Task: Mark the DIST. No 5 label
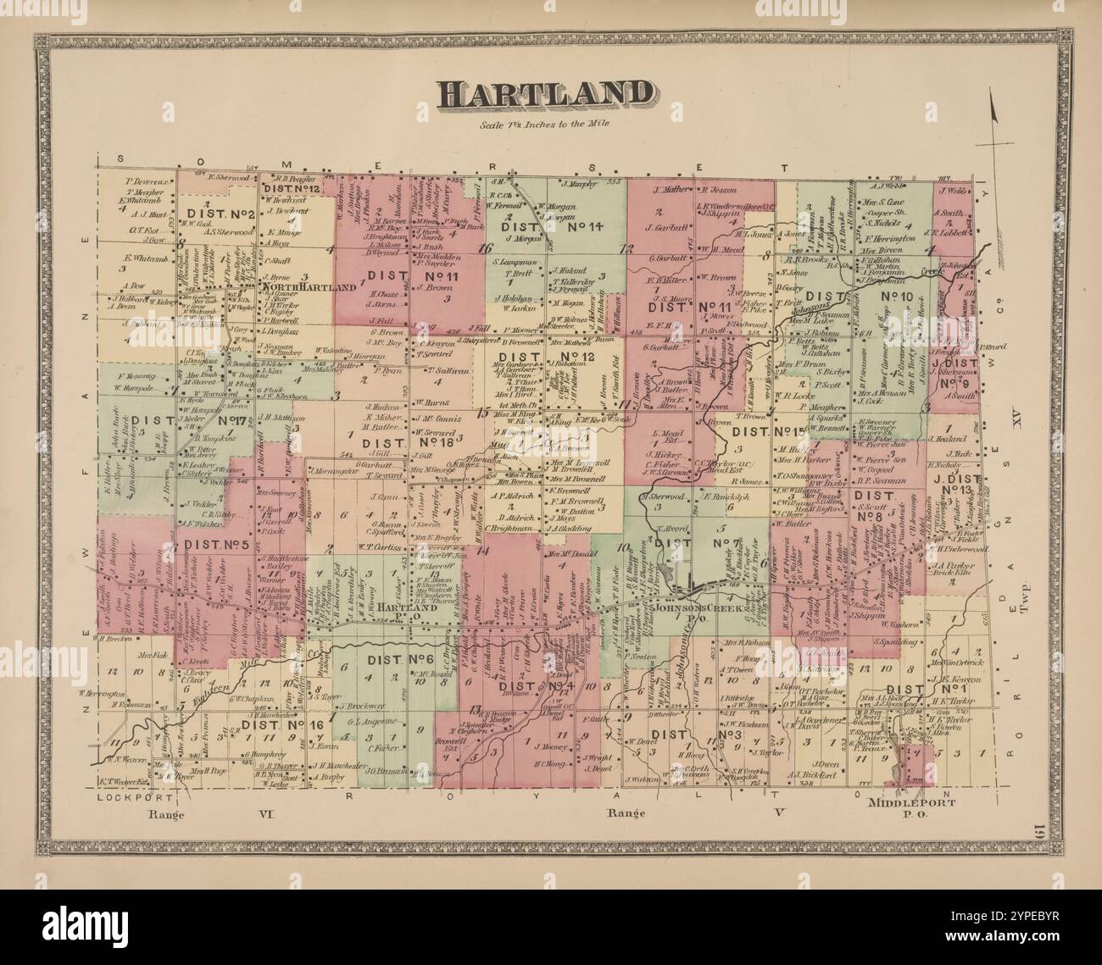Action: point(215,545)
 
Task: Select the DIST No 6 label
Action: point(398,660)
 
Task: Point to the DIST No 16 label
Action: point(270,725)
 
